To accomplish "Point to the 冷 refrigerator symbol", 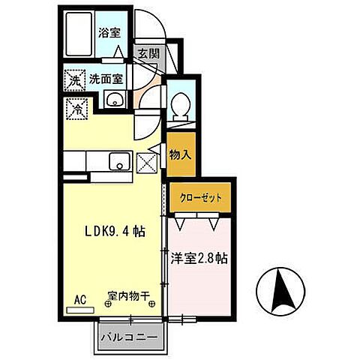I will (76, 108).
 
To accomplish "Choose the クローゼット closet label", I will (201, 198).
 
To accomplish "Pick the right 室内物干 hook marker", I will (152, 304).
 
